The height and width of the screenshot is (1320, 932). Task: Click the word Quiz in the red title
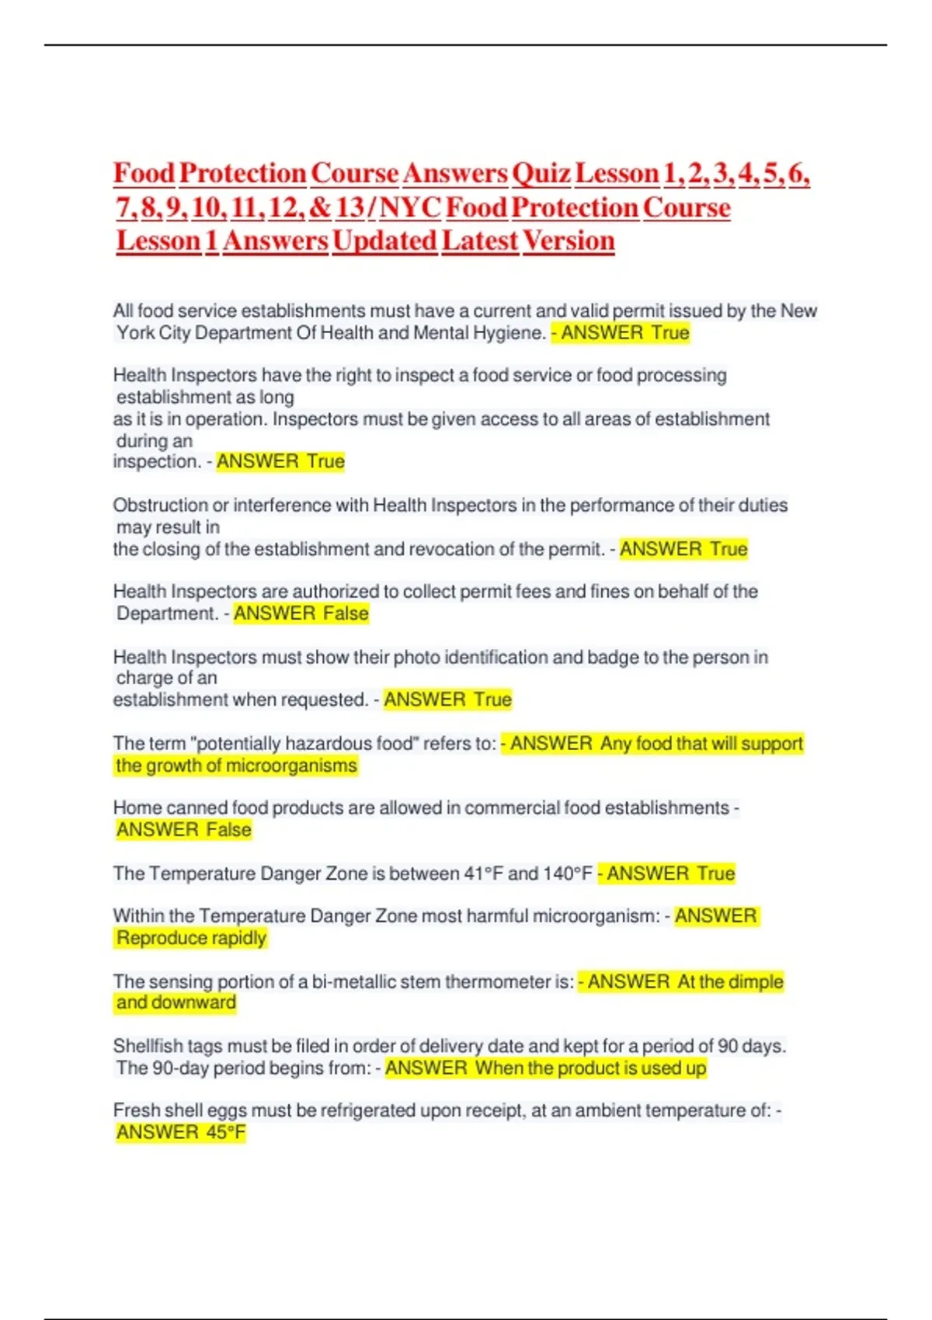coord(541,173)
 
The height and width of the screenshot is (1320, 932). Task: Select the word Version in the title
coord(568,241)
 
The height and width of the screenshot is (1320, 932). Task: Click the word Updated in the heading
coord(384,241)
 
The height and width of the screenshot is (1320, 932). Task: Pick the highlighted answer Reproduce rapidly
coord(191,938)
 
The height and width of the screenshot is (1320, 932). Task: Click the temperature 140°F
coord(568,874)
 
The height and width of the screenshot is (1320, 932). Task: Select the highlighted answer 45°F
coord(225,1133)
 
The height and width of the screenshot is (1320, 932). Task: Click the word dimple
coord(756,982)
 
